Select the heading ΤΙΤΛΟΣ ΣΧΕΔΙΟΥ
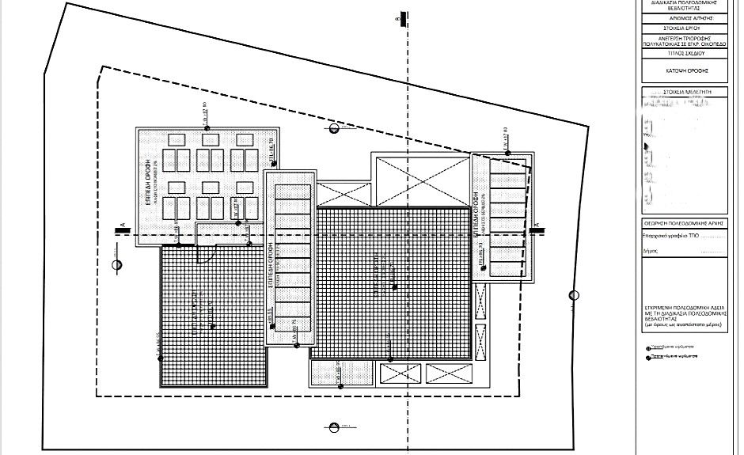click(685, 53)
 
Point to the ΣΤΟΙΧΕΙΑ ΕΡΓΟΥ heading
click(685, 28)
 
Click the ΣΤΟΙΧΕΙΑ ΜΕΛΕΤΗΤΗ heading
click(685, 92)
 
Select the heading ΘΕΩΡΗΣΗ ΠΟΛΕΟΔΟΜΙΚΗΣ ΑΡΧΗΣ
click(685, 225)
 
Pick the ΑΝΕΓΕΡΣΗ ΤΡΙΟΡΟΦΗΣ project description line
click(685, 40)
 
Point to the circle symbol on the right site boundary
click(575, 296)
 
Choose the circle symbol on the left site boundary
click(117, 265)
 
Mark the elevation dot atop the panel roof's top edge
click(207, 128)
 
